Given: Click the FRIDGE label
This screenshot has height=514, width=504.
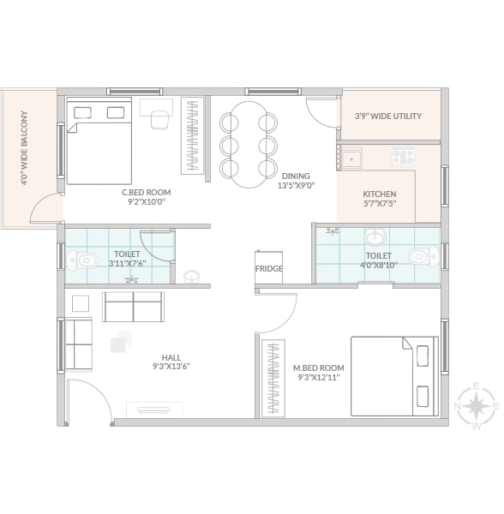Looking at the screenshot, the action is [x=269, y=268].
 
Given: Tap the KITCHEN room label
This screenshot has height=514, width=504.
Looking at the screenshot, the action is [x=380, y=194].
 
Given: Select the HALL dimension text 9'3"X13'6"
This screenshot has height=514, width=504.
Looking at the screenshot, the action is [x=171, y=366].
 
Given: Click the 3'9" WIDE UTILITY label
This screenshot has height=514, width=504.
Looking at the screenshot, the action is [x=388, y=116].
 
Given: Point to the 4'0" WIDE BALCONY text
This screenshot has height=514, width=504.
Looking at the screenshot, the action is [x=24, y=148].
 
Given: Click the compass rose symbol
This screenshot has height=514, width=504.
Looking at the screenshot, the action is [x=477, y=406].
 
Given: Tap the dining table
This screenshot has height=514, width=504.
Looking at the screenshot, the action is [x=249, y=145].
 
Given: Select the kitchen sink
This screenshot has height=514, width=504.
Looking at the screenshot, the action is [x=351, y=158].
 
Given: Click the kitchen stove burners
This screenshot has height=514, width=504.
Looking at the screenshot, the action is [x=404, y=157].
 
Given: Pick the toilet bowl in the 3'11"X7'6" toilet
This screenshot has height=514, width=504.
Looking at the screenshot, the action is [x=82, y=260].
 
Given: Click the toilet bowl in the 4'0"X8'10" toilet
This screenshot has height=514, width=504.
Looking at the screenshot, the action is [x=423, y=255].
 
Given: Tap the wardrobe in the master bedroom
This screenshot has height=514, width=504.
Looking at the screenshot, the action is [x=273, y=379].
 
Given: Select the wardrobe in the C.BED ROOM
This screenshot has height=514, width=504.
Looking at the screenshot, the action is [x=193, y=135].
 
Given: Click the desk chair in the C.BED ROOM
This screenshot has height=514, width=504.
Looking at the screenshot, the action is [x=159, y=120].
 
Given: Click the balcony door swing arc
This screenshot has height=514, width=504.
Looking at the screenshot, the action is [x=39, y=200].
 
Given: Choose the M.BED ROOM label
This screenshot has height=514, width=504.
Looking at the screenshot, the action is [x=318, y=368].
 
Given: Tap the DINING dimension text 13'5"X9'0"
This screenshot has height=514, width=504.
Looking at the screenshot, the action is [x=296, y=186].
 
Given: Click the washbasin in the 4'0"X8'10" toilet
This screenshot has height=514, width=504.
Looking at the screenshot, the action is [x=375, y=237].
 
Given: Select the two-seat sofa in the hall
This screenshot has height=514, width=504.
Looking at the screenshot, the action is [x=133, y=307].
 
